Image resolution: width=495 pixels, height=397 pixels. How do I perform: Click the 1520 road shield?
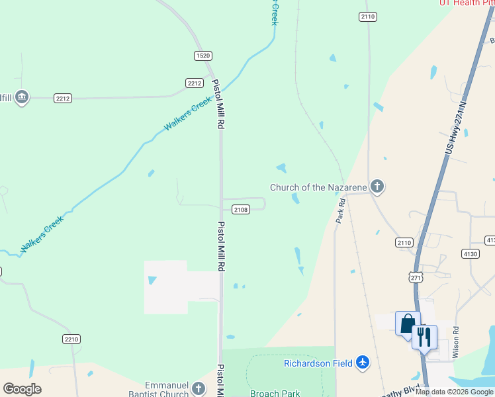click(x=203, y=56)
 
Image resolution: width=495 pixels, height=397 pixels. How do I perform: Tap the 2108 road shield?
click(x=240, y=210)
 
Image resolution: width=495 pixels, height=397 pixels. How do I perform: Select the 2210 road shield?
click(x=71, y=339)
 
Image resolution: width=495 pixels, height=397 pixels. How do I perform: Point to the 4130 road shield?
click(x=471, y=253)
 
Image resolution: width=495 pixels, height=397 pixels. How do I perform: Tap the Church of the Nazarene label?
click(x=316, y=187)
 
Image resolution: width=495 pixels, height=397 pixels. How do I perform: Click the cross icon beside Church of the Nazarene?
click(x=377, y=187)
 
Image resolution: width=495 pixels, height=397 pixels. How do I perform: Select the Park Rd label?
click(x=341, y=212)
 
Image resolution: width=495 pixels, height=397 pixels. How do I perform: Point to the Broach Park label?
click(x=275, y=393)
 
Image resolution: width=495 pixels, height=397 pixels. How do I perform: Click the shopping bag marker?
click(x=408, y=323)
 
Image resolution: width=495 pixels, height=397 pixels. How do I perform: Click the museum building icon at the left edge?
click(x=22, y=98)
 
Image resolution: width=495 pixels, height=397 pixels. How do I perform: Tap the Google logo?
click(x=22, y=389)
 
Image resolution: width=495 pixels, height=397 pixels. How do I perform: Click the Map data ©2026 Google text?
click(x=455, y=392)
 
